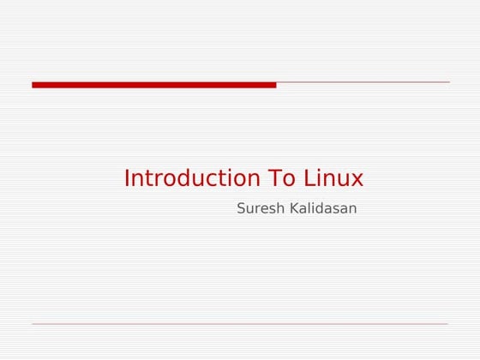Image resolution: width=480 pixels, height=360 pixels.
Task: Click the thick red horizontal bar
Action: click(x=154, y=85)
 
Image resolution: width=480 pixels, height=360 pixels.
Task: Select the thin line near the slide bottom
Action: click(x=240, y=324)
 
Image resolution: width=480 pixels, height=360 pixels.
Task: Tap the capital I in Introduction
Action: click(x=127, y=178)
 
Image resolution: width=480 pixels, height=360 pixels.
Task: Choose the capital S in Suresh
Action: click(x=241, y=208)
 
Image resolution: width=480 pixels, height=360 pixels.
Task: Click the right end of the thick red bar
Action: click(x=274, y=85)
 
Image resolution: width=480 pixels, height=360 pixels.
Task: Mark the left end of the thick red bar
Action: click(x=34, y=85)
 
